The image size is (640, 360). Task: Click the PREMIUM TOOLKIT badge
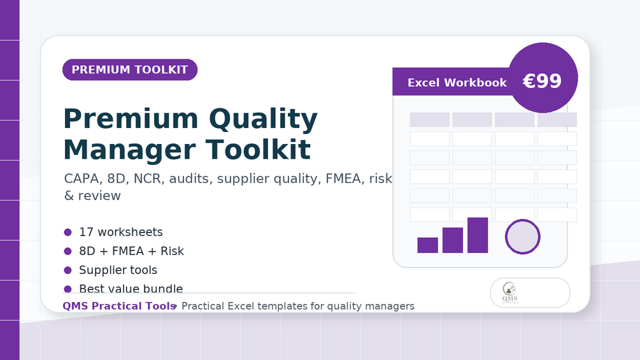tap(130, 70)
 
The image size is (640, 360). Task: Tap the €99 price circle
tap(543, 78)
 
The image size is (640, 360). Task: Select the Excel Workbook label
tap(457, 82)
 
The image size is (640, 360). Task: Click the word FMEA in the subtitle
tap(343, 179)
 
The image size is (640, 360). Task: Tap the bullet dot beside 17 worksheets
tap(68, 232)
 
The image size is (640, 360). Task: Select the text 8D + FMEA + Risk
tap(131, 251)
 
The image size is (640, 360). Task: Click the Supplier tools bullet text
tap(118, 270)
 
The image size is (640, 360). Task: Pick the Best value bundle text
tap(131, 289)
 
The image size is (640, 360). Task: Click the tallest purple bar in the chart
tap(478, 235)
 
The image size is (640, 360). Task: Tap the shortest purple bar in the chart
tap(428, 245)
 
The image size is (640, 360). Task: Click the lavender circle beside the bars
tap(523, 237)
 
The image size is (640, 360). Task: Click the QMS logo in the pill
tap(510, 292)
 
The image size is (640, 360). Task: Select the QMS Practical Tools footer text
tap(119, 306)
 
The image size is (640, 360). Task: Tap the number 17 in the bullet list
tap(87, 232)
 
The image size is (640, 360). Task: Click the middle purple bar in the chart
tap(453, 240)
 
